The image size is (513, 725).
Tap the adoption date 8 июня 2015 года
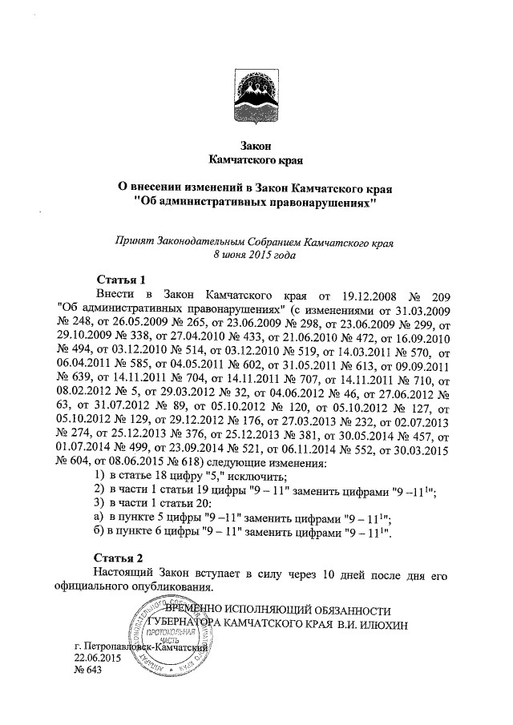[x=256, y=255]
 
